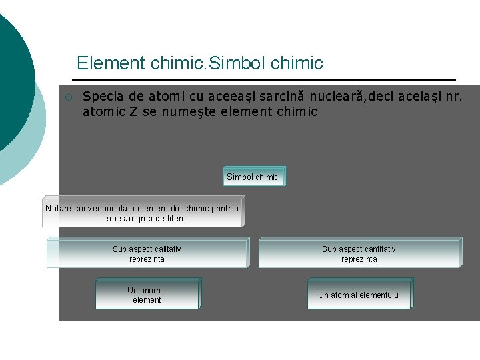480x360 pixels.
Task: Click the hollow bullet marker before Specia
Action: pyautogui.click(x=68, y=97)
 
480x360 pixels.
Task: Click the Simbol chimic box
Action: pyautogui.click(x=253, y=177)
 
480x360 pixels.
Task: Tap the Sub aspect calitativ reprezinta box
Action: pyautogui.click(x=147, y=254)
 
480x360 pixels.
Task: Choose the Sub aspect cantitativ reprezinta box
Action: pyautogui.click(x=359, y=254)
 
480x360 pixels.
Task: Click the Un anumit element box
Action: pyautogui.click(x=147, y=295)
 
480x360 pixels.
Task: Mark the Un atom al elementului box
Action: pyautogui.click(x=359, y=295)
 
